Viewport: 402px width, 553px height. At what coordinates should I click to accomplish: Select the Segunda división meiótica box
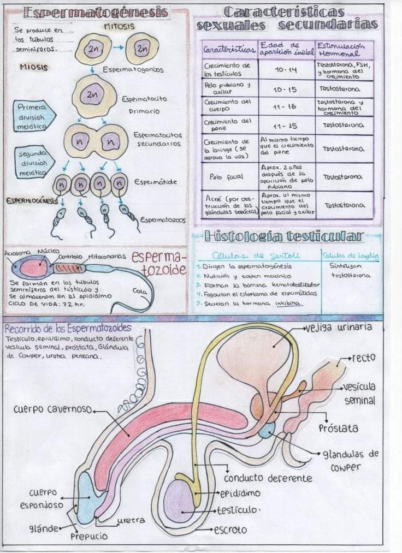tap(34, 163)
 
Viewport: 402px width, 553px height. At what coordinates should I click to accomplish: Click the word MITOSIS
tap(119, 26)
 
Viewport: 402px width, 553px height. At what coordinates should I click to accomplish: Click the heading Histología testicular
tap(283, 236)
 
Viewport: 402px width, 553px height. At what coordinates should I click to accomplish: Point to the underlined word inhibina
tap(288, 303)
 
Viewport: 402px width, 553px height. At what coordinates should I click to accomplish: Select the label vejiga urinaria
tap(340, 328)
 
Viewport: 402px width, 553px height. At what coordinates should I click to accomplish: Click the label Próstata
tap(339, 428)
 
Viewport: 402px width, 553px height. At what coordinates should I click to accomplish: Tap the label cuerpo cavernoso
tap(53, 409)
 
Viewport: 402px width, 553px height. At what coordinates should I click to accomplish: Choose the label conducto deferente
tap(268, 478)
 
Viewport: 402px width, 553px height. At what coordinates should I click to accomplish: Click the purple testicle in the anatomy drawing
tap(179, 501)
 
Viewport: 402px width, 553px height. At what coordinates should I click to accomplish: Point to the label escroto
tap(230, 530)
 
